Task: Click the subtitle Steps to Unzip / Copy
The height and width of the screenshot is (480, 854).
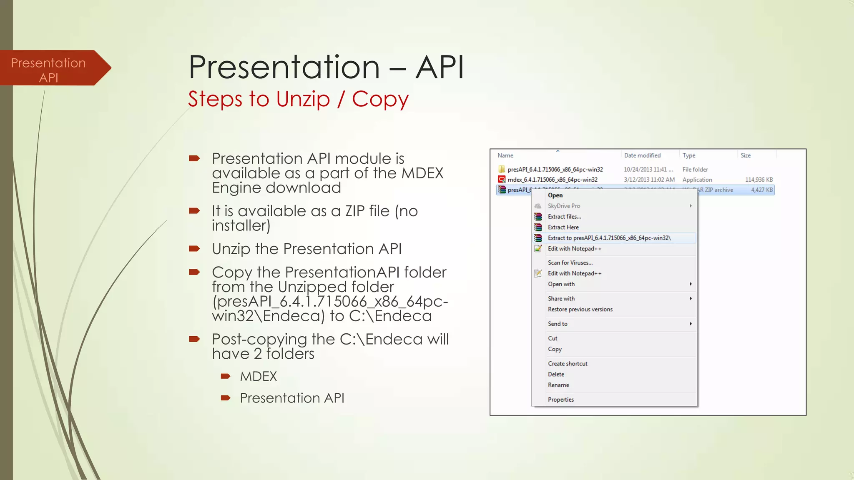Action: point(298,99)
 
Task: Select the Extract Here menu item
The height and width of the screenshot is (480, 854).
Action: point(563,227)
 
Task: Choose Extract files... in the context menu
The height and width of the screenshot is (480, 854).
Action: point(564,217)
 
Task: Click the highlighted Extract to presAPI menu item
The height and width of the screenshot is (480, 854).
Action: point(609,238)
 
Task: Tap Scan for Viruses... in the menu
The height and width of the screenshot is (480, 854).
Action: point(570,262)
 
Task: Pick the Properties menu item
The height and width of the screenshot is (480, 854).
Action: point(560,400)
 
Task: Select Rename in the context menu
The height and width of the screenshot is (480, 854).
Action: point(558,385)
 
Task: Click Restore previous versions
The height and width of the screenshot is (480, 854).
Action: point(580,309)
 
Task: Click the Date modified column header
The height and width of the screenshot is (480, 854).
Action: point(642,155)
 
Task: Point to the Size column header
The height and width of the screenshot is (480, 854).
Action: point(746,155)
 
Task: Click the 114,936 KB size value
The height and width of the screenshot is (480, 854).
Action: point(759,180)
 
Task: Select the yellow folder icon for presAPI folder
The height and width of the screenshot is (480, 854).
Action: point(502,169)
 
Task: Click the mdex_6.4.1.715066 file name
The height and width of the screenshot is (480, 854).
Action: point(552,180)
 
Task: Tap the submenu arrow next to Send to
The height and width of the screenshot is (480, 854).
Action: point(691,324)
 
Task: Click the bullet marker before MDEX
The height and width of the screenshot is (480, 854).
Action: point(226,376)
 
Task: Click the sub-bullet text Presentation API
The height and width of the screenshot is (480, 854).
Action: point(292,398)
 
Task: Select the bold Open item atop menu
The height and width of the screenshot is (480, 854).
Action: point(555,195)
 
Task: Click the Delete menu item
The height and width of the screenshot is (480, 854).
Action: point(556,374)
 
